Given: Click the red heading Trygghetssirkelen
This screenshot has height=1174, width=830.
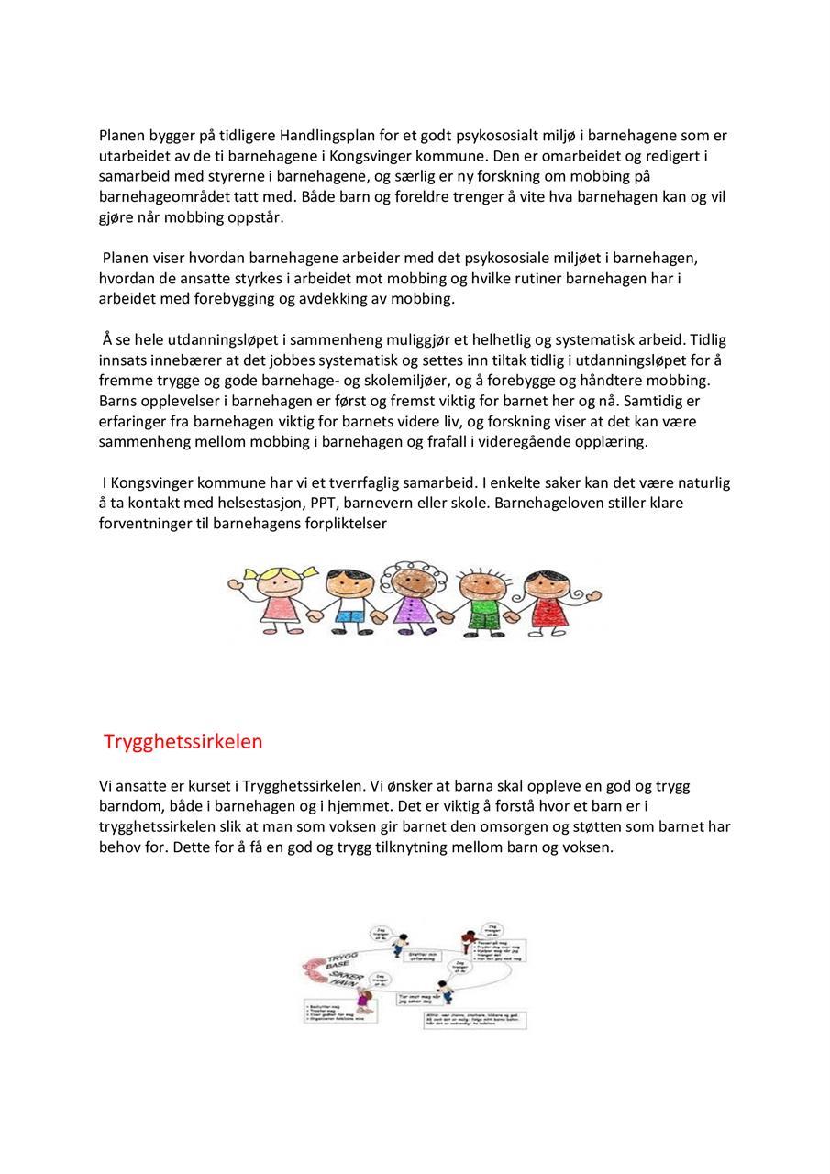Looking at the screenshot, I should tap(183, 741).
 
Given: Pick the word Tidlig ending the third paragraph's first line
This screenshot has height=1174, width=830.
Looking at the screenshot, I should tap(707, 340).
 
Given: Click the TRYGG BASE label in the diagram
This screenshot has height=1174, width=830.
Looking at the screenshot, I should tap(337, 962).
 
